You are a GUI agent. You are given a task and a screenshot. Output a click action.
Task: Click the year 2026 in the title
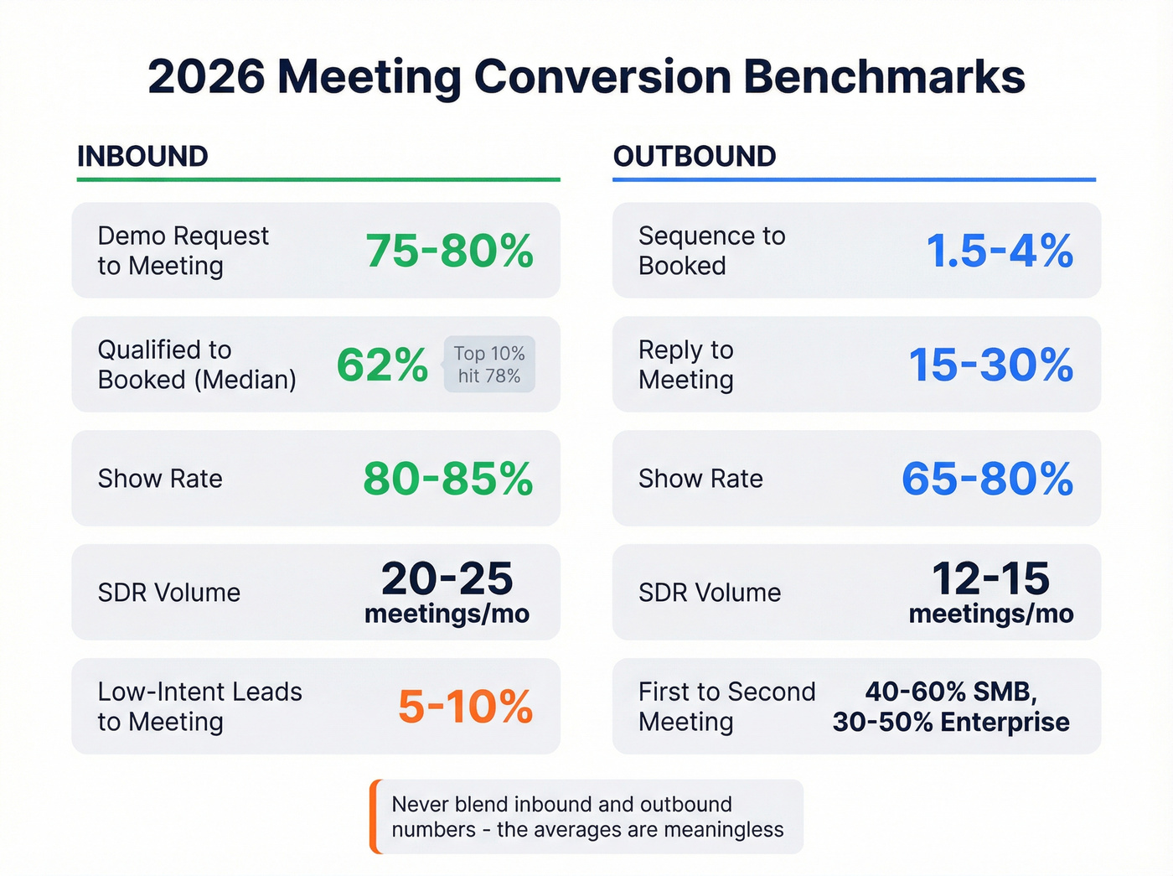(x=206, y=76)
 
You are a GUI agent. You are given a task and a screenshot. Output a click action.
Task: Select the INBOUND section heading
(x=142, y=156)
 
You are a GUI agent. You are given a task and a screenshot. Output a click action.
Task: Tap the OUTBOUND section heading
(x=695, y=156)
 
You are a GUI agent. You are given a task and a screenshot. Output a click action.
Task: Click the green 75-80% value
(x=449, y=251)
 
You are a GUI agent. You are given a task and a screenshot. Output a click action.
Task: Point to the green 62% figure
(x=382, y=365)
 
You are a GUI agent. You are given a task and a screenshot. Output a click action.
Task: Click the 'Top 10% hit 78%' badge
(x=489, y=365)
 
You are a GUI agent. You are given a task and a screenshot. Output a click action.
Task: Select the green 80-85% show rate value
(x=447, y=479)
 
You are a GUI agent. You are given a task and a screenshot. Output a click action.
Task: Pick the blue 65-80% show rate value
(x=987, y=479)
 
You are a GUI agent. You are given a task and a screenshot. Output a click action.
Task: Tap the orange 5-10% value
(x=465, y=707)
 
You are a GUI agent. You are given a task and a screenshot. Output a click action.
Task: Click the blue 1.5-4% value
(x=1000, y=251)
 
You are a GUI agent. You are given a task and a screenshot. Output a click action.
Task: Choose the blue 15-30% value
(x=991, y=365)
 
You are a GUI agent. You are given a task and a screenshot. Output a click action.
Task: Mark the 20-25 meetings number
(x=447, y=578)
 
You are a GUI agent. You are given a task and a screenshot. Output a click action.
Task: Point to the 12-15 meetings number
(x=990, y=578)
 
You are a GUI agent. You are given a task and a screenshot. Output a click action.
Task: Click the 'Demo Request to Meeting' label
(x=183, y=251)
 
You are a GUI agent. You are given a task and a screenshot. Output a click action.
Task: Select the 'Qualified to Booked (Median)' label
(x=197, y=365)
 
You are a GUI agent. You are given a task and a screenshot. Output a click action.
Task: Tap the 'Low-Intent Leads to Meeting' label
(x=199, y=707)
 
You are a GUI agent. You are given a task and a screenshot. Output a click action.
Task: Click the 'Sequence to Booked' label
(x=711, y=251)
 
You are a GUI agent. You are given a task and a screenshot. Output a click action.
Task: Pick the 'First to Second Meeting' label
(x=726, y=707)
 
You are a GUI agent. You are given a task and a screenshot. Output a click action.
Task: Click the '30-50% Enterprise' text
(x=951, y=722)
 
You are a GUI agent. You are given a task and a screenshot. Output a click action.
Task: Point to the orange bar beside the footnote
(x=375, y=817)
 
